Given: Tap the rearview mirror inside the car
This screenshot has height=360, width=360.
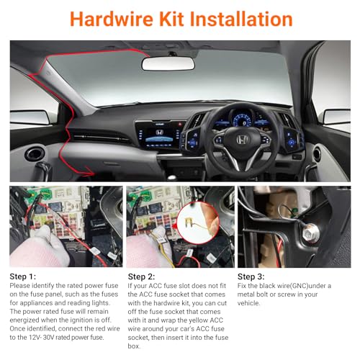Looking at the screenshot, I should (x=168, y=63).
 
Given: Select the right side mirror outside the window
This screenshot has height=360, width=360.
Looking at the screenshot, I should (x=336, y=116).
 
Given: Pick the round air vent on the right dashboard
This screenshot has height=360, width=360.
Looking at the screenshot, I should (x=317, y=153).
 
